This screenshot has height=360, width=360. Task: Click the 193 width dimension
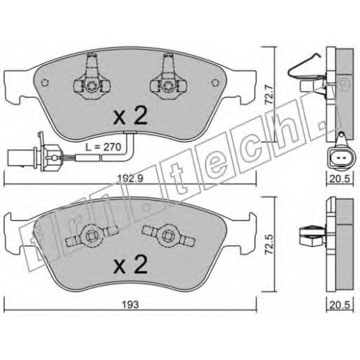point(130,305)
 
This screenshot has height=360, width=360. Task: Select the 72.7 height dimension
point(270,95)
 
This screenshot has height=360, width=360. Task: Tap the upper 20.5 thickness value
point(340,179)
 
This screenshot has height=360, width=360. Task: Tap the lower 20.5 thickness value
point(340,305)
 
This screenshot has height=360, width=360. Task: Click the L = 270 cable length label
point(104,147)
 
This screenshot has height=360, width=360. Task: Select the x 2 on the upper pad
point(130,116)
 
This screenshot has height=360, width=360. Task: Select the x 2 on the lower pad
point(130,264)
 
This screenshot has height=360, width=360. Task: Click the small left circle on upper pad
point(45,83)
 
